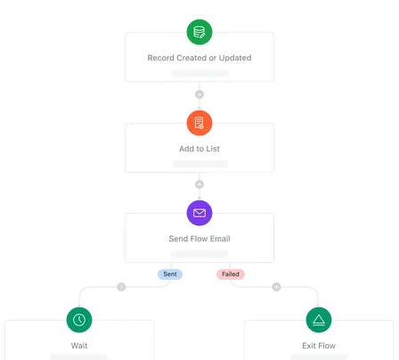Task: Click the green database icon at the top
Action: click(199, 32)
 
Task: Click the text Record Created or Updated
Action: click(199, 58)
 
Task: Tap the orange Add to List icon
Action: click(199, 122)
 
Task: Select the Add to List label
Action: click(199, 148)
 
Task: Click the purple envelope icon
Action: click(199, 213)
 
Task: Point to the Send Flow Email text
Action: click(199, 239)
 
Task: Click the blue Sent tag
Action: click(170, 274)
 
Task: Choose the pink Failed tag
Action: click(228, 274)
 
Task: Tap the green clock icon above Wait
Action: click(79, 318)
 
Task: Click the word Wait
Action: click(79, 344)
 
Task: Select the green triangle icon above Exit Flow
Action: click(319, 318)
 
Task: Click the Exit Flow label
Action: click(319, 344)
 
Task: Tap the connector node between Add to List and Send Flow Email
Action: click(199, 184)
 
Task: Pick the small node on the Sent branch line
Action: click(122, 286)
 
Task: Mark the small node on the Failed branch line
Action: click(276, 286)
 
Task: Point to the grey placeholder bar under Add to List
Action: click(199, 163)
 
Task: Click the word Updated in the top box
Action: click(234, 58)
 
